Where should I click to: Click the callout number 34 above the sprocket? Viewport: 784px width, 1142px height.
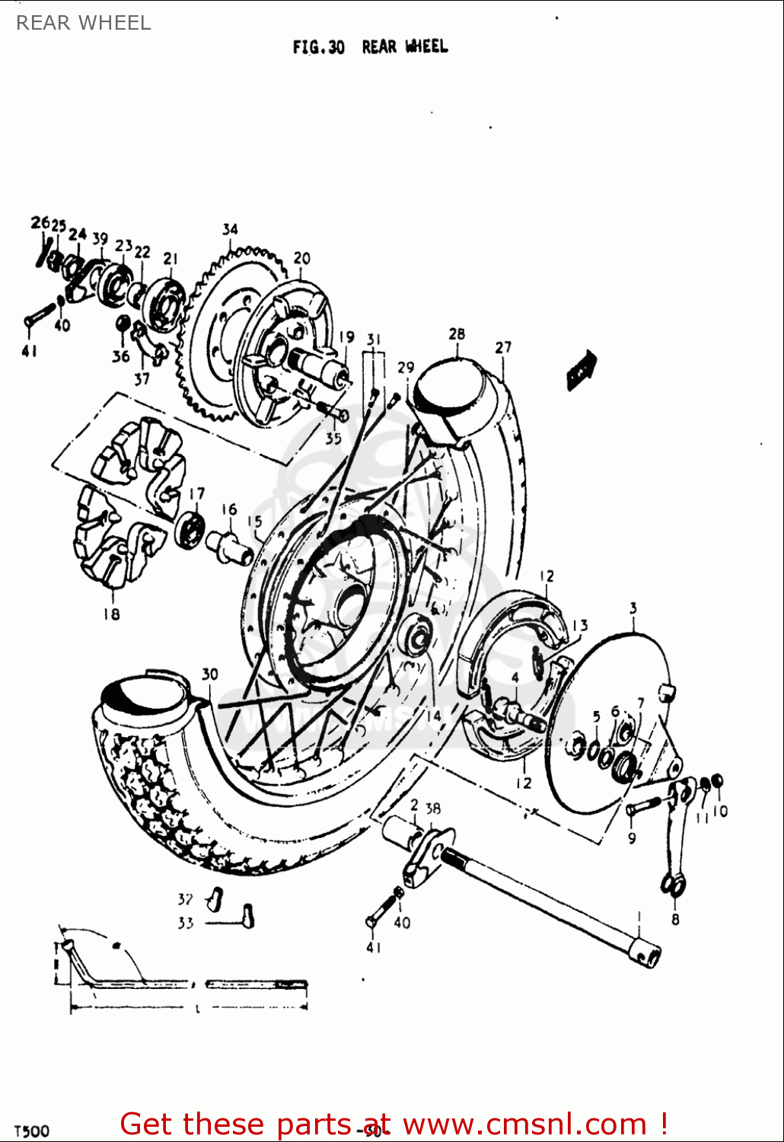[x=230, y=229]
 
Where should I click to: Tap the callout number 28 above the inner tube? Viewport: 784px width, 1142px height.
[x=457, y=334]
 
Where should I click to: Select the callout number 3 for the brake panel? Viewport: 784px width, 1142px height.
[x=633, y=608]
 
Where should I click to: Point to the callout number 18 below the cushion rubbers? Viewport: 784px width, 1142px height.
[x=111, y=614]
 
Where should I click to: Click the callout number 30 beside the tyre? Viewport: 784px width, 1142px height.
[x=210, y=674]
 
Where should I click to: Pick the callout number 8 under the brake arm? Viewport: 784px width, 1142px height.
[x=675, y=919]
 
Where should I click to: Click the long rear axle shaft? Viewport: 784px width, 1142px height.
[x=548, y=906]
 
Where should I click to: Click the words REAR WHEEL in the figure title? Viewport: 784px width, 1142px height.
[x=405, y=47]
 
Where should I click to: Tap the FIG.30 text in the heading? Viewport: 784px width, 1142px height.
[x=318, y=47]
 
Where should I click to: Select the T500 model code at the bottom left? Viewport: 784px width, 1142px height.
[x=32, y=1131]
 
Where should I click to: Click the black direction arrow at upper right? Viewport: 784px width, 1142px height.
[x=582, y=371]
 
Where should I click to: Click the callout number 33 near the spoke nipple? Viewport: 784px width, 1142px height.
[x=186, y=923]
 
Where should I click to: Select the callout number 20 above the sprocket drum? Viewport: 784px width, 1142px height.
[x=302, y=258]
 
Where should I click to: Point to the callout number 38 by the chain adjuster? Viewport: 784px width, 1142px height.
[x=433, y=809]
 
